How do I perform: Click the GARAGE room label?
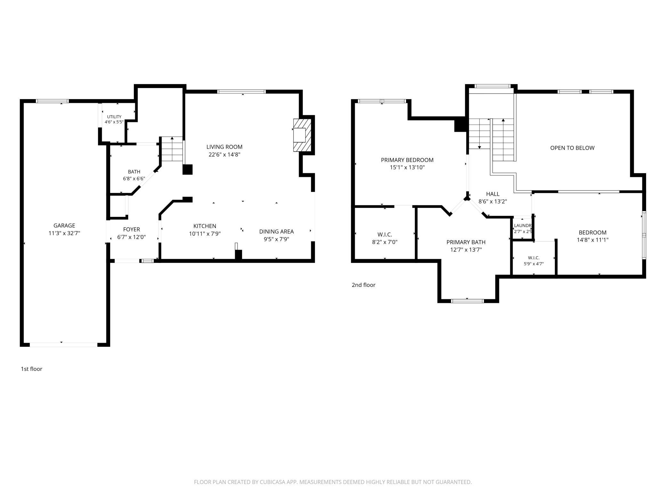64,226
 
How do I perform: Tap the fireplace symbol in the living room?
302,135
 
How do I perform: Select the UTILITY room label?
114,117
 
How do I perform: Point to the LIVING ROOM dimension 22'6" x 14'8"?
224,154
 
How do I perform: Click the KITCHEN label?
205,226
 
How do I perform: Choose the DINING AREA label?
276,232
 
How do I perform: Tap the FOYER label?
131,229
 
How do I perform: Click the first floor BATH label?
134,172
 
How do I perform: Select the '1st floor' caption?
31,369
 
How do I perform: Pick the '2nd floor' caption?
363,285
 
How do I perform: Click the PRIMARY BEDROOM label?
407,160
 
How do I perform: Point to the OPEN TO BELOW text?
572,148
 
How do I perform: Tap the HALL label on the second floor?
492,194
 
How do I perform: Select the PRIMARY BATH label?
466,242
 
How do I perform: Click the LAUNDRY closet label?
523,226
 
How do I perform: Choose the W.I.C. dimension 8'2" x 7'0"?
385,242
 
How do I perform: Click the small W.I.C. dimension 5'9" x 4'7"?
533,264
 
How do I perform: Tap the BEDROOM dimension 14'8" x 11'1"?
592,240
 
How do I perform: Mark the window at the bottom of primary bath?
467,301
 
